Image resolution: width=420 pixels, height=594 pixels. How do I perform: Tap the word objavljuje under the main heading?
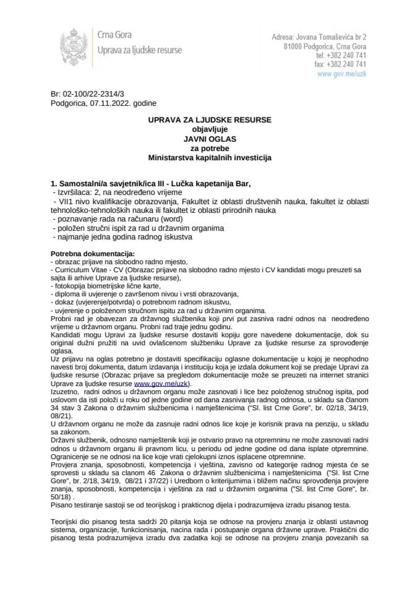[210, 129]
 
